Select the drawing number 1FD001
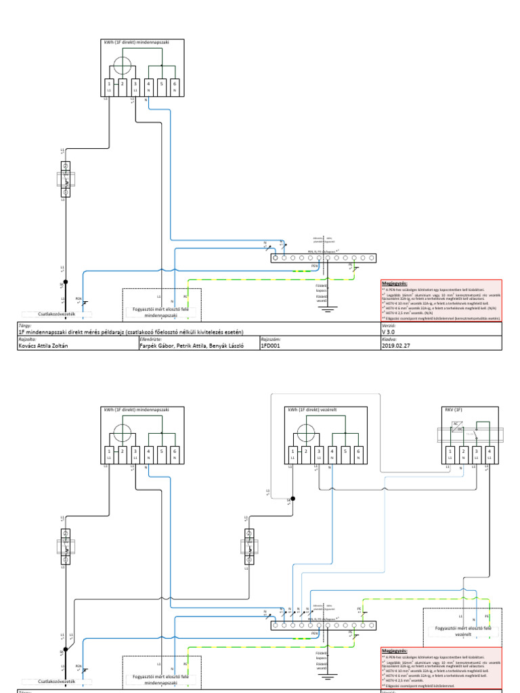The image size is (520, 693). (x=271, y=345)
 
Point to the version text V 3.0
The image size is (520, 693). (x=388, y=332)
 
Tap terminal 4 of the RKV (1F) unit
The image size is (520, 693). (x=489, y=451)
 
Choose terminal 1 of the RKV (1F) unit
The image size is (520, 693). (x=450, y=451)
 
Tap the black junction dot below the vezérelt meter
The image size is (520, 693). (x=292, y=499)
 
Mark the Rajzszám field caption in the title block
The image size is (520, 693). (x=268, y=339)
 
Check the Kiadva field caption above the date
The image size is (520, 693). (x=388, y=339)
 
